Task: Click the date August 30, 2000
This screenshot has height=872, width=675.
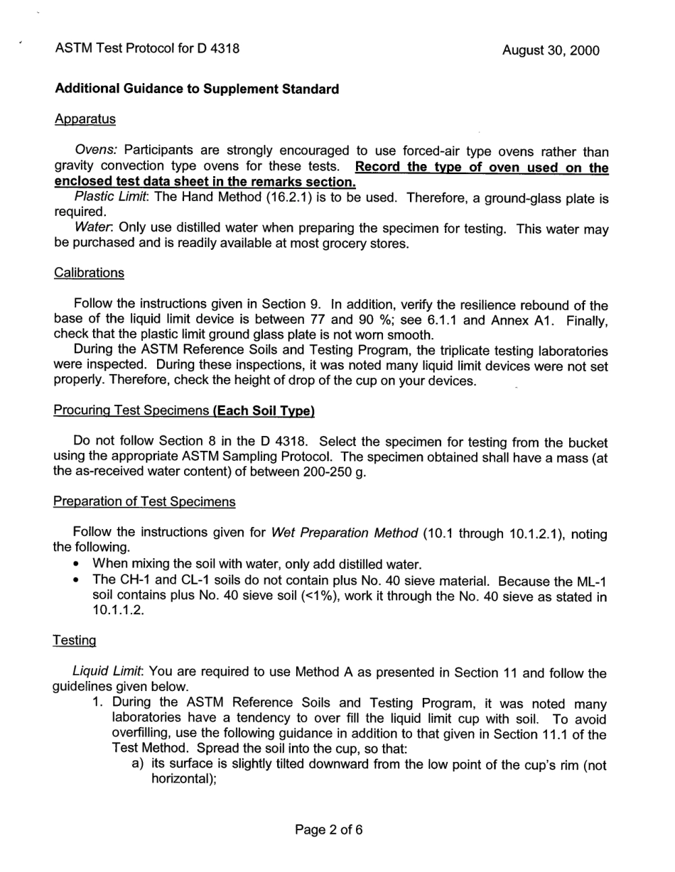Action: [550, 50]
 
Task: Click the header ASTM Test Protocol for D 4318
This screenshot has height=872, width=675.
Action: [147, 49]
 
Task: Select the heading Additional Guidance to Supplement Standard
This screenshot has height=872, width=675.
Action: [197, 89]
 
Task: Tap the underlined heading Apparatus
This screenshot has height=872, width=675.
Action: [85, 119]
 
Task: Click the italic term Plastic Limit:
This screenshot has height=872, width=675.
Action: [112, 198]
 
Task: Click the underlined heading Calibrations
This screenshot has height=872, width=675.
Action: [89, 273]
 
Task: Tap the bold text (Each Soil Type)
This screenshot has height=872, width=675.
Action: [255, 411]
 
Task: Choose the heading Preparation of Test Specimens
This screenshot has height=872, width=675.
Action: [145, 502]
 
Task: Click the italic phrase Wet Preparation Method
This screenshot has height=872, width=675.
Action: [345, 533]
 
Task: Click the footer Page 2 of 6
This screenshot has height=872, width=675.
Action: [329, 829]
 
